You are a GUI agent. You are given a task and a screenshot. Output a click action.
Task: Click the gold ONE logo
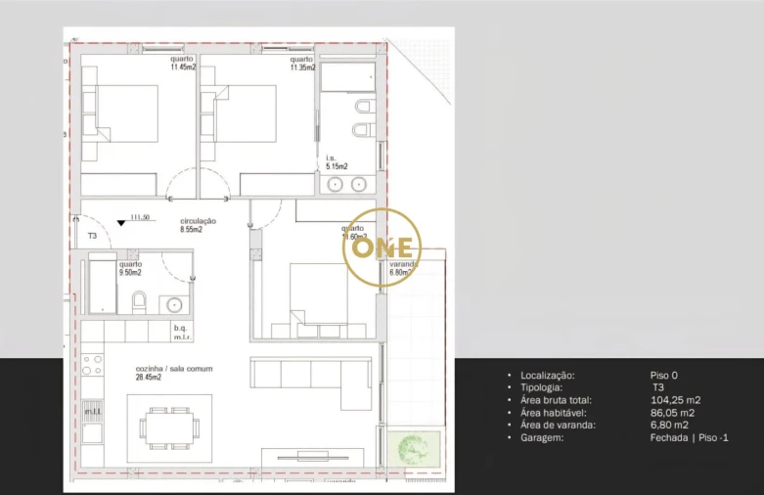coord(382,247)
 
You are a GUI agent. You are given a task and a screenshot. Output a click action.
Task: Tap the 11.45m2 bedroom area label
coord(181,64)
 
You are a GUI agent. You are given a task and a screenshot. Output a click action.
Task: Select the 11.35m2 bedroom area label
coord(301,64)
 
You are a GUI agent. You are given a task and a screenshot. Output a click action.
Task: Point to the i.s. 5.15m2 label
coord(337,162)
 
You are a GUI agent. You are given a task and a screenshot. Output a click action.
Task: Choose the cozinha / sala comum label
coord(174,373)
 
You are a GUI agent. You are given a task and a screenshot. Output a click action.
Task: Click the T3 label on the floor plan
coord(93,237)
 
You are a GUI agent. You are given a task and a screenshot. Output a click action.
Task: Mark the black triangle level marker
coord(120,223)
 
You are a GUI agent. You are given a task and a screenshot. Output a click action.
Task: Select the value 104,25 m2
coord(675,400)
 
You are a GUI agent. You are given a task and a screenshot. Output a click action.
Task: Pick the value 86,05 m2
coord(672,413)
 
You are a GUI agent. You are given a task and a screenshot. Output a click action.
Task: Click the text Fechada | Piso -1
coord(689,437)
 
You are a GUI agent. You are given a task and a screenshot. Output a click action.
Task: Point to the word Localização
coord(548,376)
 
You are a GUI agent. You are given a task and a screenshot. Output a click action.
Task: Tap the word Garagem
coord(542,437)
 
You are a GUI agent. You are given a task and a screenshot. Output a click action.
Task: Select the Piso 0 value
coord(663,376)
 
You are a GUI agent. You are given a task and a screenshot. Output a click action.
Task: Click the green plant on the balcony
coord(413,449)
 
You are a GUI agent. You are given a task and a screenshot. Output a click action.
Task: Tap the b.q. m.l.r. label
coord(180,332)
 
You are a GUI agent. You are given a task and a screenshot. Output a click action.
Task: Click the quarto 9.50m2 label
coord(130,269)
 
